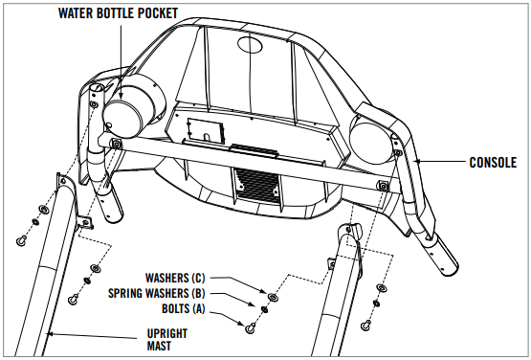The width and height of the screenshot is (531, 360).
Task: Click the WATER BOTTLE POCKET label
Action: click(x=118, y=13)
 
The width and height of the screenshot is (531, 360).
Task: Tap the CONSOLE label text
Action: click(x=493, y=163)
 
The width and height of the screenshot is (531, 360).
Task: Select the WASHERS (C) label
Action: click(x=175, y=278)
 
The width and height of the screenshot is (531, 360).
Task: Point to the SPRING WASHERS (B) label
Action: click(x=157, y=293)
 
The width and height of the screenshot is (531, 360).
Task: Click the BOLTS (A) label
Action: click(x=183, y=309)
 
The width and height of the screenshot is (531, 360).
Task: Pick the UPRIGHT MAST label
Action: click(x=167, y=340)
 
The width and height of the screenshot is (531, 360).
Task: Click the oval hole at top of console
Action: click(x=250, y=44)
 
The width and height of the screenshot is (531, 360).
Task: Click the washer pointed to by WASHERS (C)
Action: click(x=273, y=298)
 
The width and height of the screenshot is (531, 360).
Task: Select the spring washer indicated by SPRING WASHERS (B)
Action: click(x=264, y=309)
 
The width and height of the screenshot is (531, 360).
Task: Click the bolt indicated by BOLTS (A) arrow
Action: click(x=251, y=328)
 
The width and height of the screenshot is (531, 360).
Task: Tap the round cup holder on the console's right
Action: click(x=372, y=142)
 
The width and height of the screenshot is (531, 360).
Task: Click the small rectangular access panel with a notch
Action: click(x=206, y=130)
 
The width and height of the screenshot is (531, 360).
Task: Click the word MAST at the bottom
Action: click(x=159, y=346)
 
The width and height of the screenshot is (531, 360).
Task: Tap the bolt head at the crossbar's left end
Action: click(x=116, y=145)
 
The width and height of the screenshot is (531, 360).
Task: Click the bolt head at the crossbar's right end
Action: click(x=383, y=186)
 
